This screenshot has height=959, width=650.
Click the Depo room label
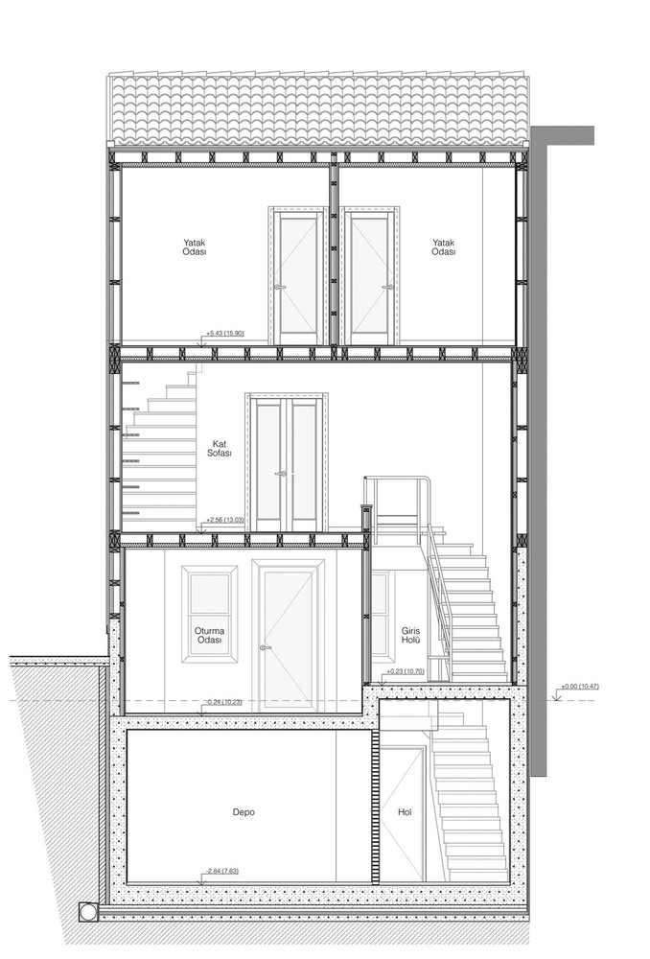(244, 812)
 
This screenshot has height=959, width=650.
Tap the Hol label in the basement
(405, 812)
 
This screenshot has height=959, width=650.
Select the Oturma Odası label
(208, 635)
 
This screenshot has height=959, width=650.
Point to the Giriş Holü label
(410, 635)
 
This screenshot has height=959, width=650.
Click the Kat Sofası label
(221, 448)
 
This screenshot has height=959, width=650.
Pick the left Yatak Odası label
(195, 247)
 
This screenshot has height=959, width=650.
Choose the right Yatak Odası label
(443, 247)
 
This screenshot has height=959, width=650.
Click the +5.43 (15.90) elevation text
(225, 333)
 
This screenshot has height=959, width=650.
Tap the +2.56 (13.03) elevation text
(225, 520)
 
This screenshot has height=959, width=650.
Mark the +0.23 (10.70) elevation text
(406, 671)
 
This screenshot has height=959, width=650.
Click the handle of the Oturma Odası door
(265, 648)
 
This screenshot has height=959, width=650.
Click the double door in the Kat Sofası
(287, 462)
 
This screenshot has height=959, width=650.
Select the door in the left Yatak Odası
(297, 275)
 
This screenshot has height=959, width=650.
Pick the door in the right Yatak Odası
(371, 275)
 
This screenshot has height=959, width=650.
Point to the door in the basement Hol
(402, 814)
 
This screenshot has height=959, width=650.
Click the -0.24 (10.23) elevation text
(222, 702)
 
